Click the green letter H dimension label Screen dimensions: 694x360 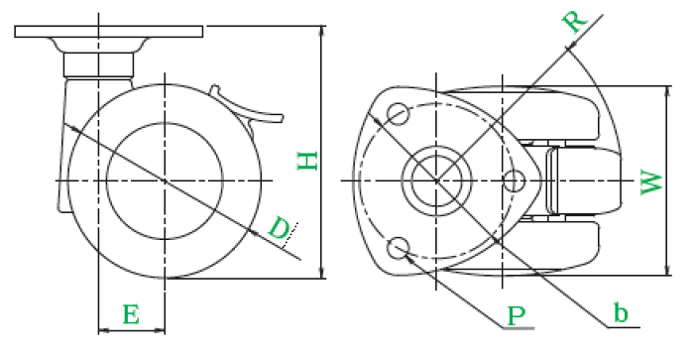(x=307, y=162)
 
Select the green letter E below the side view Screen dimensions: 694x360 (x=131, y=314)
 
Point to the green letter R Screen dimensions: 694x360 (x=574, y=21)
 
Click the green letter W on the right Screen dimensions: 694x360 (x=651, y=183)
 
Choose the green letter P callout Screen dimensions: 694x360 (x=517, y=315)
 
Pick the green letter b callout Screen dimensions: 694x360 (x=621, y=313)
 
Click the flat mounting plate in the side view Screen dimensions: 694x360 (x=109, y=32)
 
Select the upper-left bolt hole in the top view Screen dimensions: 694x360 (x=398, y=114)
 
